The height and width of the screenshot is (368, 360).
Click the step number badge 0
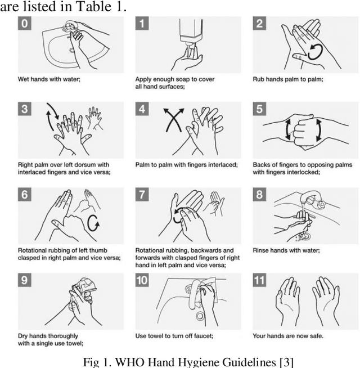25,23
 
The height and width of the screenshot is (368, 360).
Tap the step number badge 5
259,109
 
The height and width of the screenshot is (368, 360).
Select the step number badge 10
142,280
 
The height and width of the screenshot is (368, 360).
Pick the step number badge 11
259,280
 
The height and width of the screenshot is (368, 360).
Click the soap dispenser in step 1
191,33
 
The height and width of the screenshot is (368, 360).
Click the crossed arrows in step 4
174,120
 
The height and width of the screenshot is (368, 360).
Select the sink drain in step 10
200,316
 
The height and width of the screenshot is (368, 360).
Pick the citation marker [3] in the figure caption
286,362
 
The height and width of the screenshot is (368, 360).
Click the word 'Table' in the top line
92,6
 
